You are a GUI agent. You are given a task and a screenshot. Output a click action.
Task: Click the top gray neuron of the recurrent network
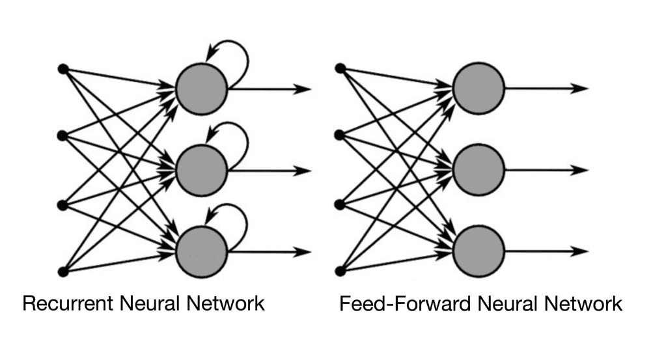[202, 89]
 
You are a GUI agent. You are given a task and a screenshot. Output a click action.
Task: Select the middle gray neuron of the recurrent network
[202, 171]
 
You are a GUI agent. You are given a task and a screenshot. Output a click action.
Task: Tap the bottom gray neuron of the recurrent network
[202, 252]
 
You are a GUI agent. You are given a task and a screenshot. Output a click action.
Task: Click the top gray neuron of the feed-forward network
[479, 89]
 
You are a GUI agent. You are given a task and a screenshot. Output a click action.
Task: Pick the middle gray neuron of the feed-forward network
[479, 171]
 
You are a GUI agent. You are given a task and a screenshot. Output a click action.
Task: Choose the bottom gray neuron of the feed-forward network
[479, 252]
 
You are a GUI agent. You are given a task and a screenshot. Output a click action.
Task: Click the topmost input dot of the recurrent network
[62, 68]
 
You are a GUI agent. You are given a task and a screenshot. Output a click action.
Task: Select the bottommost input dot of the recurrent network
[62, 270]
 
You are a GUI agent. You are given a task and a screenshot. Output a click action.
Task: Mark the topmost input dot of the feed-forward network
[339, 68]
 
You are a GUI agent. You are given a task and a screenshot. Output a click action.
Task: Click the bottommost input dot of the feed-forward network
[339, 270]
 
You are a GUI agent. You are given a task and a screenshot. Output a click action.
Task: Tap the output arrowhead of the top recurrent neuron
[303, 89]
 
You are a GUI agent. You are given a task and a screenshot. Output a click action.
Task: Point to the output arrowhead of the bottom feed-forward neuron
[581, 252]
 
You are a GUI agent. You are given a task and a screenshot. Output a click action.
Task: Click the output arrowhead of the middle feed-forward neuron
[581, 171]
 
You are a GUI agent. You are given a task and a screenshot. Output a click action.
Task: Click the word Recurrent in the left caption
[64, 304]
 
